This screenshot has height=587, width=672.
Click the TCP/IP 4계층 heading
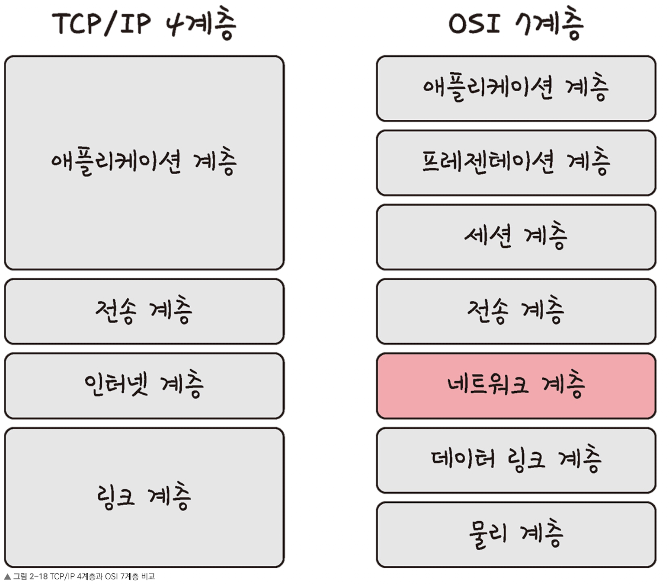pos(144,24)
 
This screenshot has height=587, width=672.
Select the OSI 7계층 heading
pos(516,24)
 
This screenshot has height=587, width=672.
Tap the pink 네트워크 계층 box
pos(516,386)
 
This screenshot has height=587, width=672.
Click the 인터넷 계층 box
pos(144,386)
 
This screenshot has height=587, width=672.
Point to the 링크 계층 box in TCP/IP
pos(144,497)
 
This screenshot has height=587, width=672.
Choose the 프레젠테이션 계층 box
pos(516,163)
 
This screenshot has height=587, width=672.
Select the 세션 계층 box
pos(516,237)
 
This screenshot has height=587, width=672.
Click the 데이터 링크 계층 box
pos(516,460)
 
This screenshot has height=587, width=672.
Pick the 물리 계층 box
pos(516,535)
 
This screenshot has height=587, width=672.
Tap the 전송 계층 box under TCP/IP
pos(144,312)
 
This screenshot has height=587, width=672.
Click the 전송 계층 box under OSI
pos(516,312)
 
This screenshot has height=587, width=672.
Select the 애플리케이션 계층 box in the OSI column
pos(516,89)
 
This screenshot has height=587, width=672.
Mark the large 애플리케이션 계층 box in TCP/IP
pos(144,163)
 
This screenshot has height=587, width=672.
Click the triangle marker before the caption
pos(7,577)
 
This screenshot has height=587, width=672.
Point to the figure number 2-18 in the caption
pos(38,577)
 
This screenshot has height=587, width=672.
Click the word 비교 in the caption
pos(148,577)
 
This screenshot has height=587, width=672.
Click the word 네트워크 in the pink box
pos(487,384)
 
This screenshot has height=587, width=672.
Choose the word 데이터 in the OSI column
pos(463,458)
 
